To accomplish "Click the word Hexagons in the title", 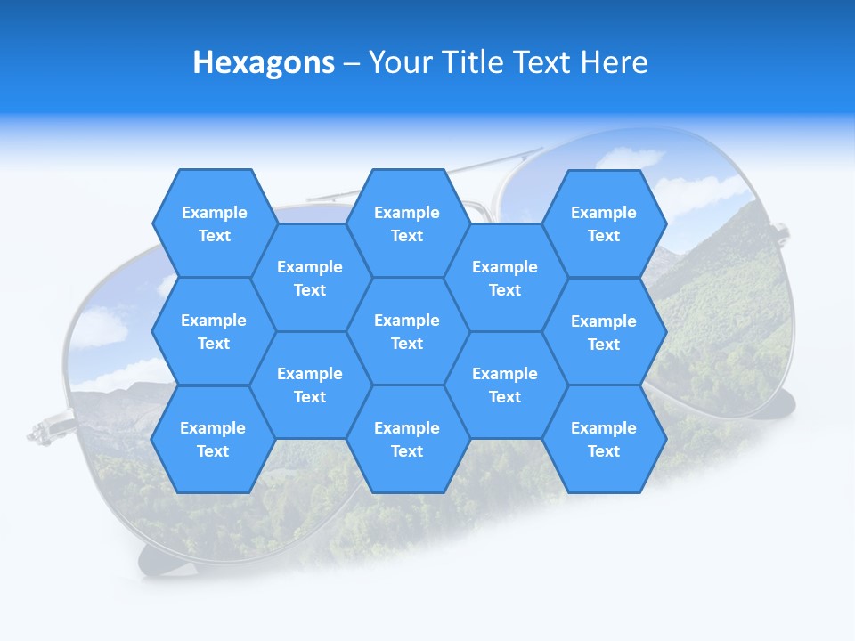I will pyautogui.click(x=264, y=62).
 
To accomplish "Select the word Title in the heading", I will pyautogui.click(x=474, y=62).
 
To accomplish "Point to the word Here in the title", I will pyautogui.click(x=614, y=62).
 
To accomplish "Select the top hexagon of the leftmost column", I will pyautogui.click(x=214, y=223).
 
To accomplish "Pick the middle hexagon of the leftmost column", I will pyautogui.click(x=214, y=331).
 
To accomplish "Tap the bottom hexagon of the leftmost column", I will pyautogui.click(x=213, y=439).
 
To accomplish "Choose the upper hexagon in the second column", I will pyautogui.click(x=310, y=278).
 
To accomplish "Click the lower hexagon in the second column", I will pyautogui.click(x=310, y=385).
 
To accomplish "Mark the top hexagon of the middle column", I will pyautogui.click(x=407, y=223).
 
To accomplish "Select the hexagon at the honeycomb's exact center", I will pyautogui.click(x=407, y=331).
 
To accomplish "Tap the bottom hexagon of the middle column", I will pyautogui.click(x=407, y=439).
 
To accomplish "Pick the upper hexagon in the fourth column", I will pyautogui.click(x=505, y=278).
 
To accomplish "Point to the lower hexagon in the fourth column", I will pyautogui.click(x=505, y=385).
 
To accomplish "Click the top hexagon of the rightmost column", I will pyautogui.click(x=604, y=223).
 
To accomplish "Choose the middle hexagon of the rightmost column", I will pyautogui.click(x=604, y=332).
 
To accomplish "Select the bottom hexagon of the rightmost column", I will pyautogui.click(x=604, y=439).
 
